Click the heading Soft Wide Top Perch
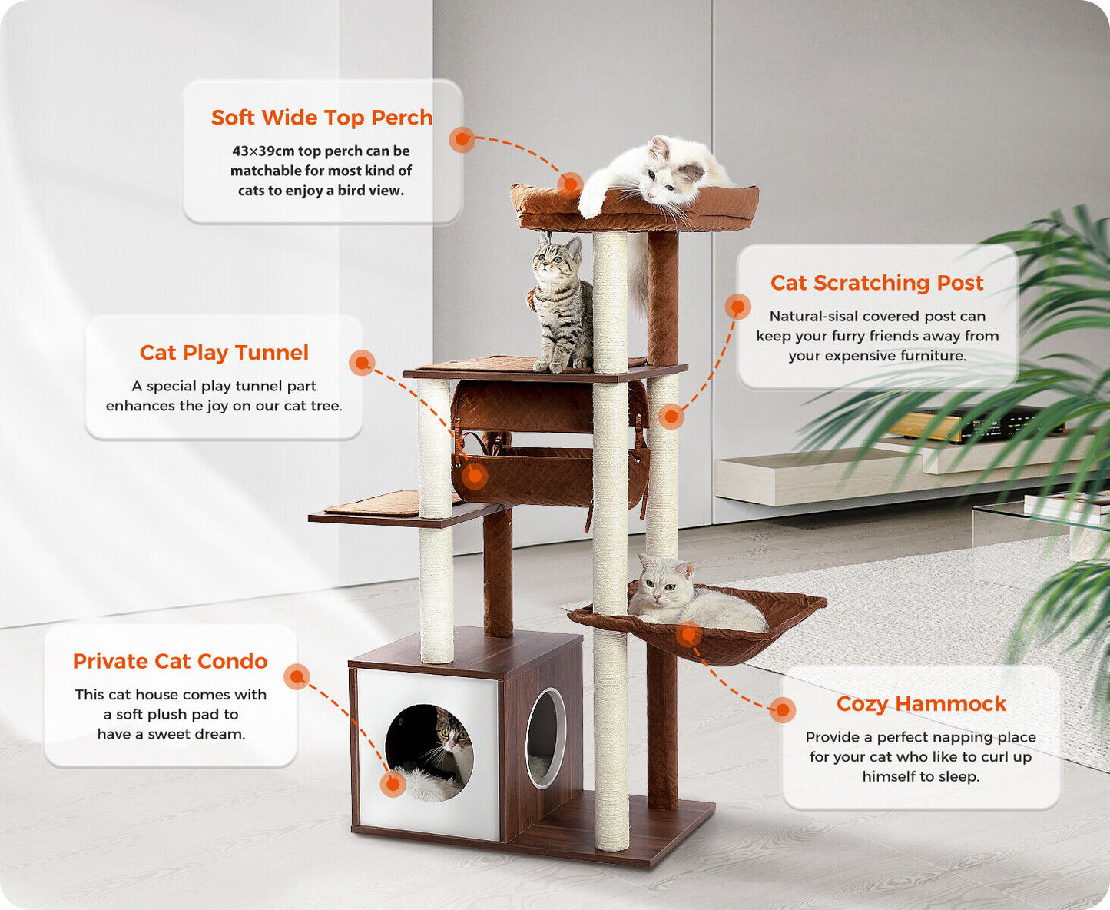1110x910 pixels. coord(322,118)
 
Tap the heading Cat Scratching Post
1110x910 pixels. coord(876,283)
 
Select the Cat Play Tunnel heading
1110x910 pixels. coord(224,353)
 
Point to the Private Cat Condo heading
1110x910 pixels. coord(170,661)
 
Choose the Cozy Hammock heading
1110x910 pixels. coord(921,703)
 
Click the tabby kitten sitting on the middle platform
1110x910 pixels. coord(560,303)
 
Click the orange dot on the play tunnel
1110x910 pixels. coord(475,476)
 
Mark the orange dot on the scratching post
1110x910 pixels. coord(671,417)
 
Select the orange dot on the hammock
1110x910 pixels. coord(689,635)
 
